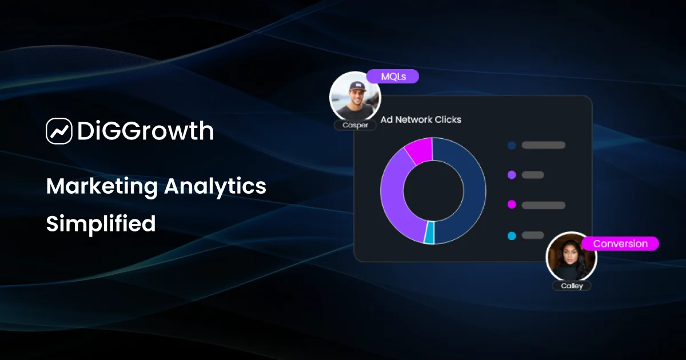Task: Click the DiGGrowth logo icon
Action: [59, 131]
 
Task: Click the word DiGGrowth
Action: [145, 131]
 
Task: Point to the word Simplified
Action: [101, 223]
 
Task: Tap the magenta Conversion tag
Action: [620, 243]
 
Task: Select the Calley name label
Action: [572, 286]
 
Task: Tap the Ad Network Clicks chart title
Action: [421, 119]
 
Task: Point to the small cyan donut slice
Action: [429, 234]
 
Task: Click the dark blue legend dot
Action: [512, 145]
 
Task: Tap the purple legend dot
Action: [512, 175]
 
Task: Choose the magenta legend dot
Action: [512, 205]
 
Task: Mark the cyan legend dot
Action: [512, 235]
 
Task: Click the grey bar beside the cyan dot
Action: [533, 235]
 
